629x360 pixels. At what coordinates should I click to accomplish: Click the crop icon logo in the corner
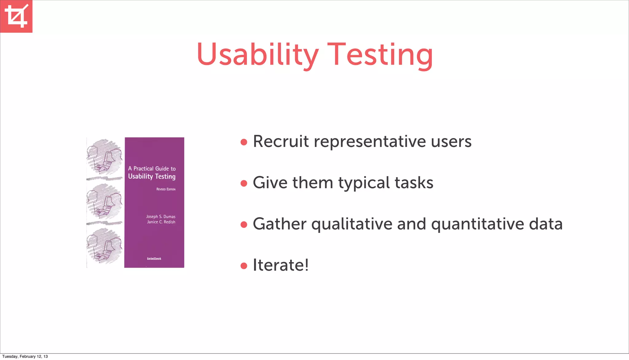pos(16,16)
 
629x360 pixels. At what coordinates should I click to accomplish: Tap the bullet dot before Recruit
pos(244,142)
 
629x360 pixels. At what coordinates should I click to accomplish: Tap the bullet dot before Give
pos(244,184)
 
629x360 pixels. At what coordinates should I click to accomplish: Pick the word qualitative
pos(352,224)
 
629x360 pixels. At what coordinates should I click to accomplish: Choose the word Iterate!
pos(280,265)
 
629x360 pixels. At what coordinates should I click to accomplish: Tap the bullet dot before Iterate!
pos(244,266)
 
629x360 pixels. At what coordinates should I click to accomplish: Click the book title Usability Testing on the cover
pos(152,176)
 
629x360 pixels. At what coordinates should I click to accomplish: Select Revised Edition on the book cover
pos(166,189)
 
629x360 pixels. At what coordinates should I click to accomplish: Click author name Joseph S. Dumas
pos(161,217)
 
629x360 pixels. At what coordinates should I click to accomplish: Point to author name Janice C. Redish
pos(161,222)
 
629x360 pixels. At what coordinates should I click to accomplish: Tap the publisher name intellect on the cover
pos(154,259)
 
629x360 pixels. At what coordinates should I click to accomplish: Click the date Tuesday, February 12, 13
pos(25,357)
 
